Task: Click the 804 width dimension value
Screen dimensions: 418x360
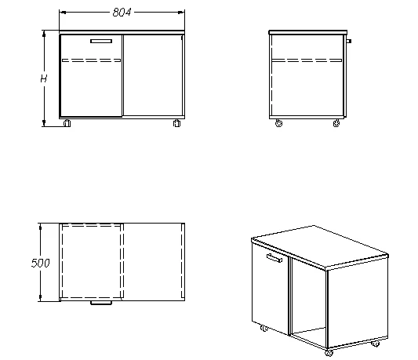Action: (122, 13)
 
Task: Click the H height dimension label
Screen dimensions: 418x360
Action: (43, 78)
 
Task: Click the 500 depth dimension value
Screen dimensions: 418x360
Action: (40, 263)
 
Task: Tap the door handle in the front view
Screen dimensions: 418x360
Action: (101, 41)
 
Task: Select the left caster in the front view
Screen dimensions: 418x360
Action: (67, 123)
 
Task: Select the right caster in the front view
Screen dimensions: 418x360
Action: (176, 123)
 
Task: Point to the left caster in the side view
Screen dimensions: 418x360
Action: (278, 123)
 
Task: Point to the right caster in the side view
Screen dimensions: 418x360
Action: (336, 123)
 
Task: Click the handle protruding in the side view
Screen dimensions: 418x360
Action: (349, 41)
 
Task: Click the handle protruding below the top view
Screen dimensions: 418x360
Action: (101, 303)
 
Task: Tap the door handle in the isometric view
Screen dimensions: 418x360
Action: (274, 258)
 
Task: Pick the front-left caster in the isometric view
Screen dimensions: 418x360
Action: (264, 329)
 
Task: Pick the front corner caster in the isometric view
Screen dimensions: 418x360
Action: (329, 353)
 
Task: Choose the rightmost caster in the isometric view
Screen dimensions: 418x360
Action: (376, 344)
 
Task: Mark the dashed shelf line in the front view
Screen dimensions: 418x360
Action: (91, 60)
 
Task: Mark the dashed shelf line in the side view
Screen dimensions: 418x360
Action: (307, 60)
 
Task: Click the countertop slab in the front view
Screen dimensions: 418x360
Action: (122, 32)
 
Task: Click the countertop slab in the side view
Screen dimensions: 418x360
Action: (308, 32)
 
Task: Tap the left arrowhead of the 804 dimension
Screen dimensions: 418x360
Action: (63, 13)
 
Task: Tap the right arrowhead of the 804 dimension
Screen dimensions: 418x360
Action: (181, 13)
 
